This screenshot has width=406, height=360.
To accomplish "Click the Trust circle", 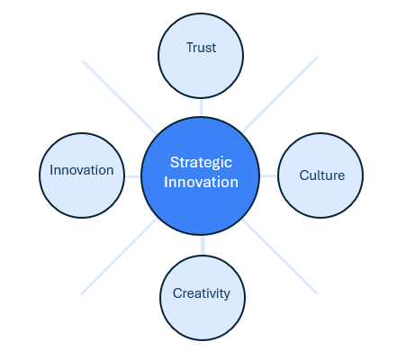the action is coord(201,56).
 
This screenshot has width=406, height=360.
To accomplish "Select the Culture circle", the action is coord(320,175).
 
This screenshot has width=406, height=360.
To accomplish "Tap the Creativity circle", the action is coord(203,298).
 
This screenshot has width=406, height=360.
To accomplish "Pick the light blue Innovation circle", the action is coord(82,175).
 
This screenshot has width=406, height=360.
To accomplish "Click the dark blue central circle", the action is coord(201,175).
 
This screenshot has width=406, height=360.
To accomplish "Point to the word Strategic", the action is coord(201,163).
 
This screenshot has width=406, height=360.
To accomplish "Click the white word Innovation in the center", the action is coord(201,183).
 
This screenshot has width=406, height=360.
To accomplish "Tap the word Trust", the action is coord(201,48).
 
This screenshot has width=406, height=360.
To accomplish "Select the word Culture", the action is coord(322,175).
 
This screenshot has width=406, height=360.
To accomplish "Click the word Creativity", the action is coord(202,293).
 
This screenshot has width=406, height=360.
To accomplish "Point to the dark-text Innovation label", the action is coord(82,170).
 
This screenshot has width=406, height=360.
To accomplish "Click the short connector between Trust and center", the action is coord(201,108).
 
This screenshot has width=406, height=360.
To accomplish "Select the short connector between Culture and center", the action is coord(268,175).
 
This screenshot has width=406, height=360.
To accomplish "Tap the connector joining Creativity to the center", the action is coord(203,246).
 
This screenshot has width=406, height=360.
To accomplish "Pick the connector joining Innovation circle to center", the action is coord(133,176).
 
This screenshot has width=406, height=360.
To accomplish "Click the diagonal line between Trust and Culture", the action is coord(280,94).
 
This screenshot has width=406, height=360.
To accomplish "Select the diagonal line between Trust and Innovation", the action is coord(120,97).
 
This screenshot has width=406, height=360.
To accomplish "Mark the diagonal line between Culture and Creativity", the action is coord(280,256).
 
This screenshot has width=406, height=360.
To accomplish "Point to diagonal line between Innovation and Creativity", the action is coord(119,256).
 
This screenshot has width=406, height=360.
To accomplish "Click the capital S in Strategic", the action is coord(174,162).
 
